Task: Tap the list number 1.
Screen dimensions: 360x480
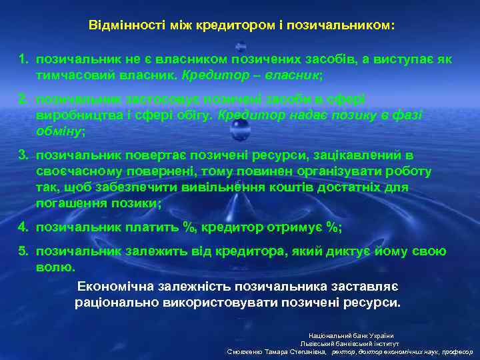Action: (x=23, y=59)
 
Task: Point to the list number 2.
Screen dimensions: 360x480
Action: (x=23, y=99)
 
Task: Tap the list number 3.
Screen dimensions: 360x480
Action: (x=23, y=155)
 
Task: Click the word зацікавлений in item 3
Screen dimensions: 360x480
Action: (x=344, y=155)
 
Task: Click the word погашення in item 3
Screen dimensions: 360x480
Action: (x=71, y=203)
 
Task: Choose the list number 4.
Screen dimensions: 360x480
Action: (x=23, y=227)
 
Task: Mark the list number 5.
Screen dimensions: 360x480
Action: (x=23, y=251)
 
